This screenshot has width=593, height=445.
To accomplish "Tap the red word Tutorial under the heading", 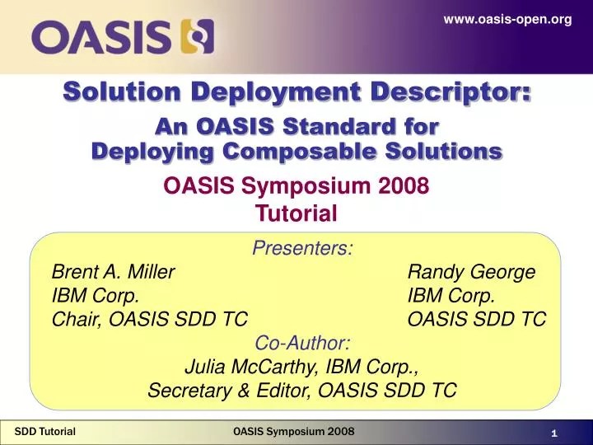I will pos(296,214).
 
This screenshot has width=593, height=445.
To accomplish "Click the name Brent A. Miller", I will pos(113,272).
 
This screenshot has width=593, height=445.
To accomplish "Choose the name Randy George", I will pos(472,272).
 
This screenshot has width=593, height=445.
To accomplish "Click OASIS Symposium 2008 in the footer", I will pos(294,431).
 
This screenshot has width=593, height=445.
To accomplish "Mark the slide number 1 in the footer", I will pos(555,433).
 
